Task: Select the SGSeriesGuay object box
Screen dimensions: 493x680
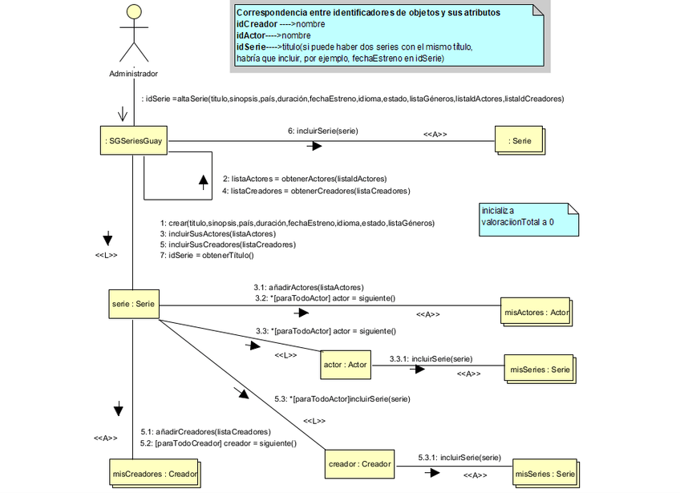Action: pos(133,141)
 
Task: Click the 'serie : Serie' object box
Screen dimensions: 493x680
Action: pos(134,304)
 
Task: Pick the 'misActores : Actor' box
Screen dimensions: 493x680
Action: pos(535,312)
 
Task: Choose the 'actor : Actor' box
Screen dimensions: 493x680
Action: pos(345,365)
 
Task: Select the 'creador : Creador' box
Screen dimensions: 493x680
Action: pos(359,464)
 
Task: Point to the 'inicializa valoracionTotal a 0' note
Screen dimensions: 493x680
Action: pos(528,218)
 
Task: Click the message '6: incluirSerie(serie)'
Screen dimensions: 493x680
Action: pos(322,130)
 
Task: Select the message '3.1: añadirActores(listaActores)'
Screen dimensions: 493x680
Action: pos(309,286)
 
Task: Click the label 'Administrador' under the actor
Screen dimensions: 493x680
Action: pos(133,74)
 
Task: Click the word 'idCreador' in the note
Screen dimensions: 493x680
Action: pos(255,25)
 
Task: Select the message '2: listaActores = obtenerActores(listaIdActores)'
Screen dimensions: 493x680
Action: pos(304,178)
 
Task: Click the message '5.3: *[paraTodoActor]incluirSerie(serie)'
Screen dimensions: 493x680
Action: pos(342,398)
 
